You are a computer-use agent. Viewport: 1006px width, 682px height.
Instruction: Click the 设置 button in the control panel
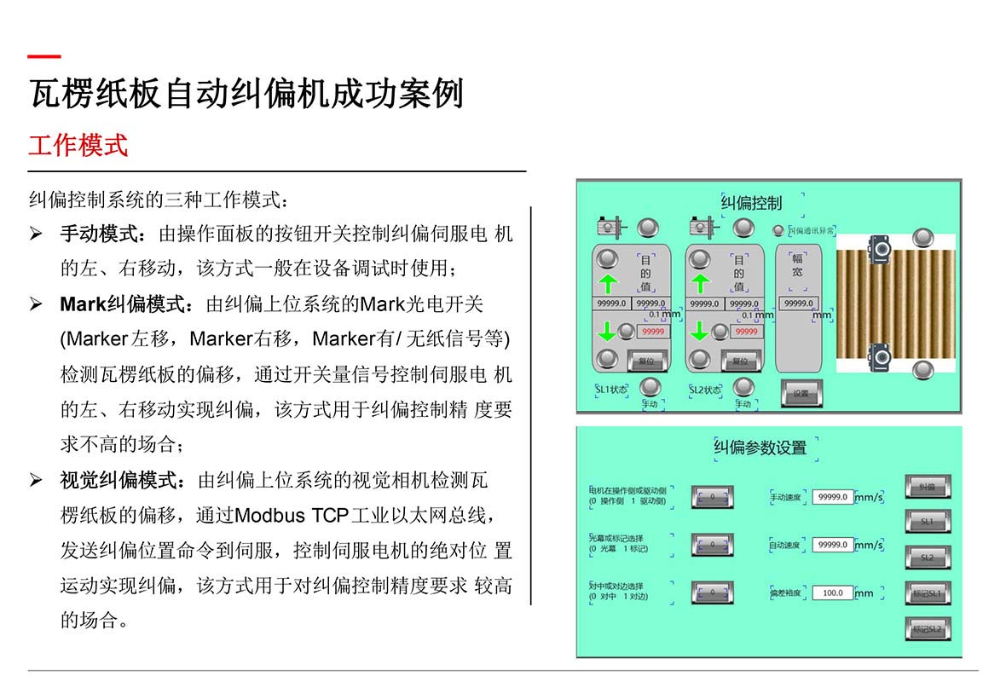point(801,393)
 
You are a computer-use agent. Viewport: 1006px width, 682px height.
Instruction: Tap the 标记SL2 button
point(927,629)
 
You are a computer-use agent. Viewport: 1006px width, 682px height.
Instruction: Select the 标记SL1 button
point(927,593)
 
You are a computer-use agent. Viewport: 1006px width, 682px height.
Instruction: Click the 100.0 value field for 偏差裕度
point(832,592)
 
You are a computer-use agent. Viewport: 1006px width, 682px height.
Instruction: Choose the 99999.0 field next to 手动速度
point(832,496)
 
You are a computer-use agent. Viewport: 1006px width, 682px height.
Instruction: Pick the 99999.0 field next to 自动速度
point(832,544)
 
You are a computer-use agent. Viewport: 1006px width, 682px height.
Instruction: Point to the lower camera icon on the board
point(878,352)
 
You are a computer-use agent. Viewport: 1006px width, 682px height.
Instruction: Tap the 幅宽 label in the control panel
point(798,265)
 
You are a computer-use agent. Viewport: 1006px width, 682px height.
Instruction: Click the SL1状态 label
point(611,390)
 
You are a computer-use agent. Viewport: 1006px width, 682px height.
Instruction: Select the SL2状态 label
point(705,390)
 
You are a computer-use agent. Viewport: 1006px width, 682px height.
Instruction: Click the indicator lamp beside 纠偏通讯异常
point(778,230)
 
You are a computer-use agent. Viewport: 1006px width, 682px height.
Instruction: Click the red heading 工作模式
point(78,145)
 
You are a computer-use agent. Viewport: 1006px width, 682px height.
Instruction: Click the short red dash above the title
point(44,57)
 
